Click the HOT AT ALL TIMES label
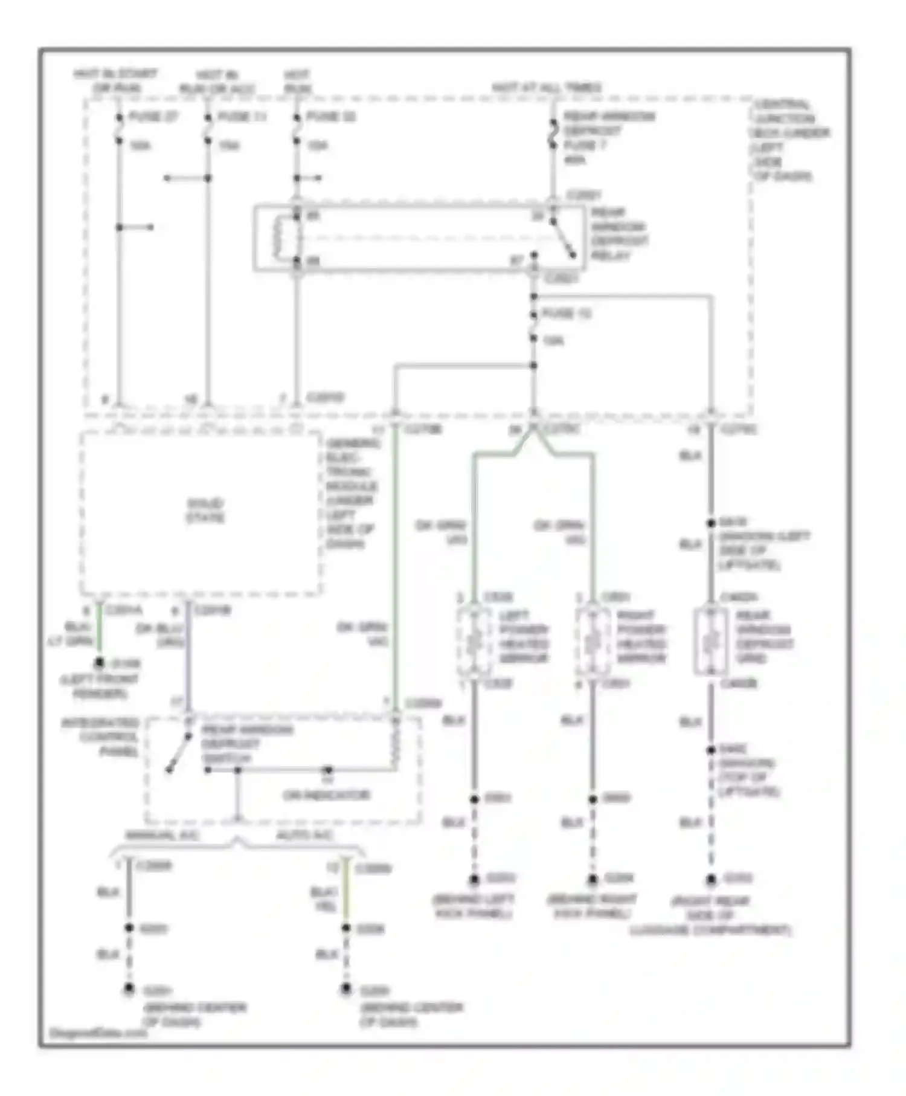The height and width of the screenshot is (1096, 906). [x=547, y=88]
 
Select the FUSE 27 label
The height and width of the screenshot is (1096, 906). [x=154, y=117]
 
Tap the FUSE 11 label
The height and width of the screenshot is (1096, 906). [x=242, y=117]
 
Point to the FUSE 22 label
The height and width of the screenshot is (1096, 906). [x=331, y=117]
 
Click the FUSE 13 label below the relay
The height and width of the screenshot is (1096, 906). [x=566, y=314]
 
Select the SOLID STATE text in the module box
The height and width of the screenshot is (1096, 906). [x=205, y=511]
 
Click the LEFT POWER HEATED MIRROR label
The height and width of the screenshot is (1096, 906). [x=524, y=637]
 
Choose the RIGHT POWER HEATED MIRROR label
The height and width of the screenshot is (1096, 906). [x=641, y=637]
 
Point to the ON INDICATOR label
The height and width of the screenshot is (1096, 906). [x=326, y=795]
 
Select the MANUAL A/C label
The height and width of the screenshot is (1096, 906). [x=162, y=835]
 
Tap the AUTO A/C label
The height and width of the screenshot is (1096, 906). [x=304, y=835]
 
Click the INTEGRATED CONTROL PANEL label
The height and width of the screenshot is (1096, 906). [x=100, y=737]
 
